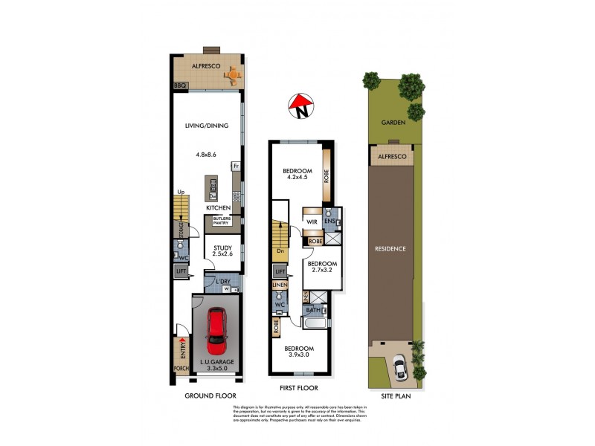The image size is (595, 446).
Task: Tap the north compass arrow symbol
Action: (x=301, y=107)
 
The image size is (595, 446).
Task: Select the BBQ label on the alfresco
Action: (x=179, y=86)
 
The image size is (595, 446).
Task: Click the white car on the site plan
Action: (x=399, y=365)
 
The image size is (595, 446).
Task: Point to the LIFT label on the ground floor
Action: (x=181, y=272)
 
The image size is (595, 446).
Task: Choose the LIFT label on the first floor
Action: (x=280, y=273)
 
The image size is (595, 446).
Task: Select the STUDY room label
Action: (x=223, y=248)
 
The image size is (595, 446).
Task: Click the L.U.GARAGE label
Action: (x=217, y=362)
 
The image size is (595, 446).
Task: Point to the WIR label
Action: (x=312, y=221)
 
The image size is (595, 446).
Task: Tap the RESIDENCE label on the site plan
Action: (x=391, y=248)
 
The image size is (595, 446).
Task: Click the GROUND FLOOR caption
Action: (x=206, y=396)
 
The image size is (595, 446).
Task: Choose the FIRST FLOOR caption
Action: (x=298, y=388)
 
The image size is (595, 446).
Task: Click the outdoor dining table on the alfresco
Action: (x=234, y=73)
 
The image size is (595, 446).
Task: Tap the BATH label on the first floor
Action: (x=312, y=310)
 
